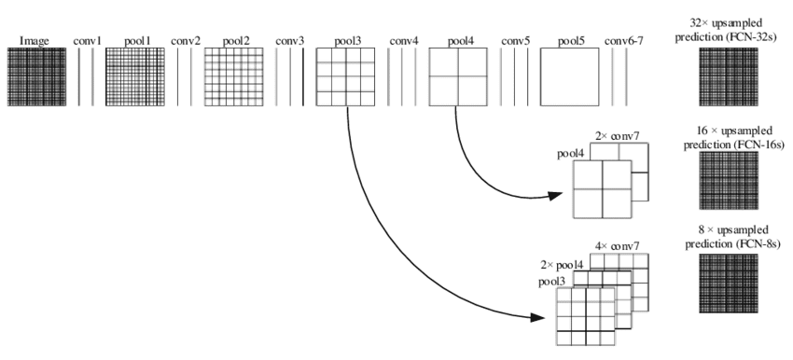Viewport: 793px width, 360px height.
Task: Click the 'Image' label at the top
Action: point(35,41)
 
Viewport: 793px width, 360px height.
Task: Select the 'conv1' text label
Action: point(87,41)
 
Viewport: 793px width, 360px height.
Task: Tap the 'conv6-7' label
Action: point(624,41)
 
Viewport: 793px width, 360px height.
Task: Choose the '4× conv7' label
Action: point(617,245)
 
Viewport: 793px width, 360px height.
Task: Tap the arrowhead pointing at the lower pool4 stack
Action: point(556,197)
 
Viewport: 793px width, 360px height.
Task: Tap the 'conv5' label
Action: point(516,41)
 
